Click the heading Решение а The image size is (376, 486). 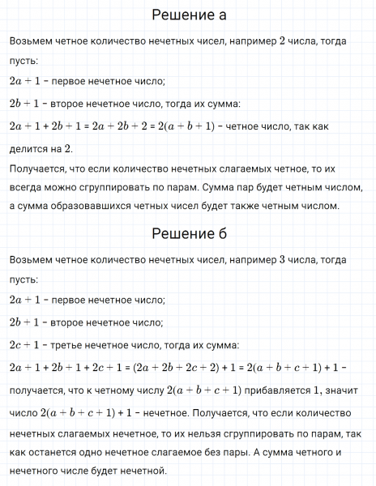click(x=188, y=16)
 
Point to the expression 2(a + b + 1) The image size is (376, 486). click(x=188, y=126)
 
